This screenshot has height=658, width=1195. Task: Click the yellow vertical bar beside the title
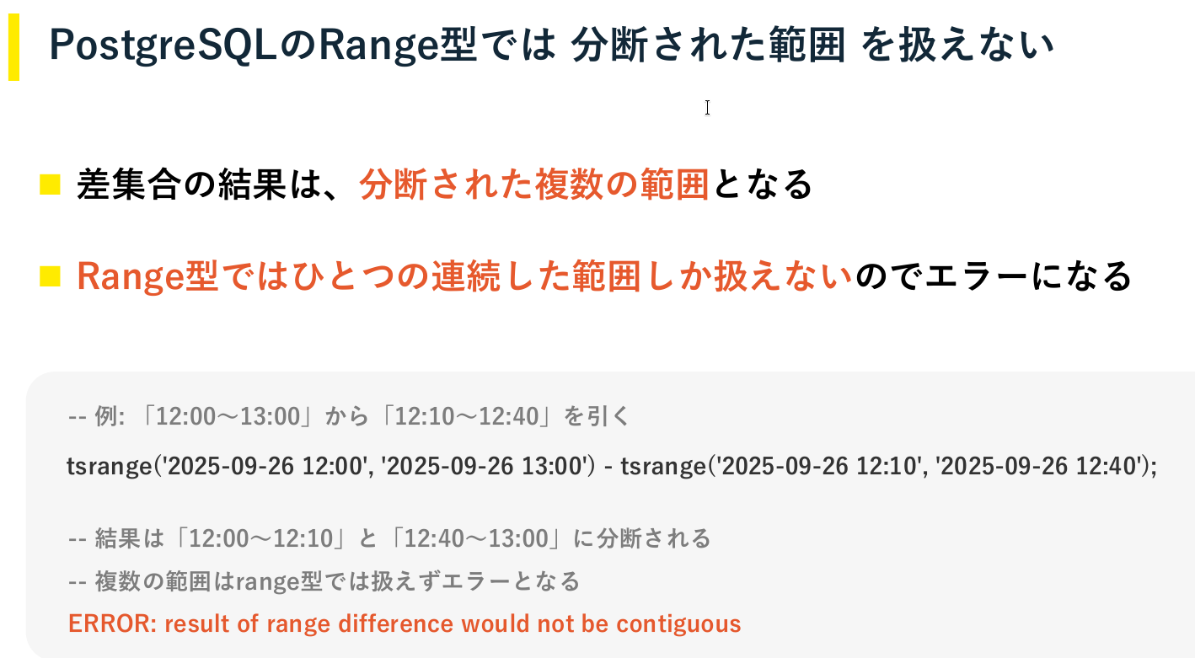click(x=13, y=47)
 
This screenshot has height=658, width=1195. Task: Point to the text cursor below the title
click(x=707, y=108)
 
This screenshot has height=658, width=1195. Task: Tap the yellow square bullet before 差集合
click(x=51, y=185)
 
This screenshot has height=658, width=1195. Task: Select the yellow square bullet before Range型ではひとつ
click(x=51, y=276)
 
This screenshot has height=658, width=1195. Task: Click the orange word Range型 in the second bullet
click(x=147, y=277)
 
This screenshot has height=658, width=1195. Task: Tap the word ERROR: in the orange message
click(x=113, y=623)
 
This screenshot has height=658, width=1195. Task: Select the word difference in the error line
click(x=396, y=623)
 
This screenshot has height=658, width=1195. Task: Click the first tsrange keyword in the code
click(x=110, y=467)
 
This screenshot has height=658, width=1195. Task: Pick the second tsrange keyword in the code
click(x=663, y=467)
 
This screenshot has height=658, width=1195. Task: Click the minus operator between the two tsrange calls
click(x=608, y=468)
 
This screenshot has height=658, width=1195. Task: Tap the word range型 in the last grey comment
click(x=279, y=581)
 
